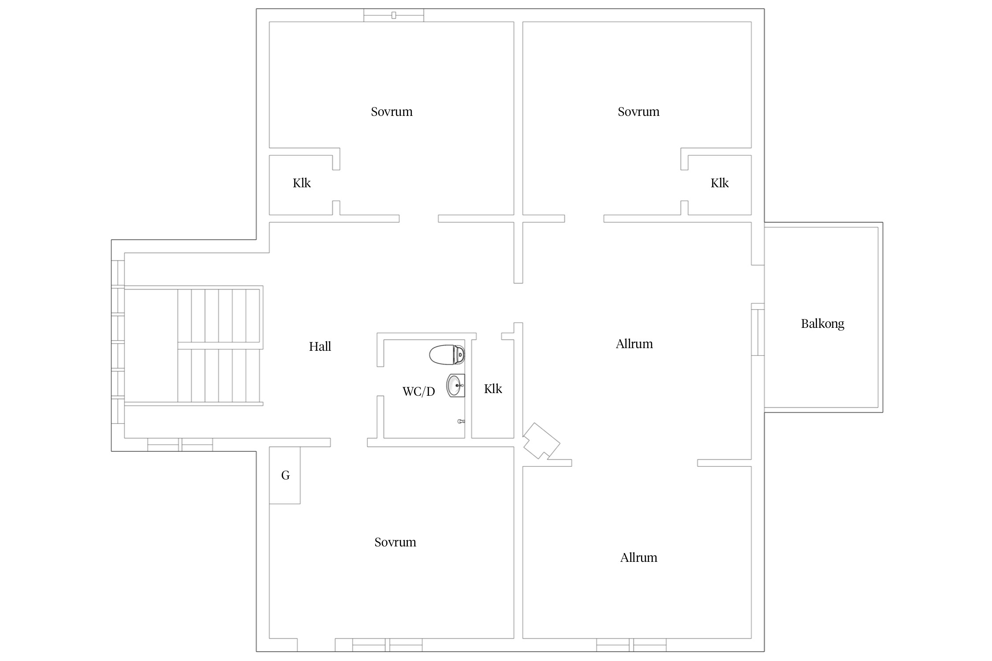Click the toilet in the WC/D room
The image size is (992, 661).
click(447, 355)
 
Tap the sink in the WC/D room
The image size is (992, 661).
click(456, 386)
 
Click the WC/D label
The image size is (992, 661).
click(418, 391)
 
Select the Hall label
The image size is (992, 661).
click(320, 346)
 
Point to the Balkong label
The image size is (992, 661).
click(822, 324)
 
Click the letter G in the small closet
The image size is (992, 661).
click(285, 475)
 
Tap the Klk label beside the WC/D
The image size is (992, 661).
click(493, 389)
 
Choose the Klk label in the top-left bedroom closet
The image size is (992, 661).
click(302, 183)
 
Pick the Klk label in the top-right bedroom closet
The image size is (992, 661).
click(720, 183)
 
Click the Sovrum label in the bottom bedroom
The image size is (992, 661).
click(395, 542)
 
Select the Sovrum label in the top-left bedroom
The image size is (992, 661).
click(392, 111)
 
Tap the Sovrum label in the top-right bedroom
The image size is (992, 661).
click(638, 111)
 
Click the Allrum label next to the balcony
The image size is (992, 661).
click(634, 344)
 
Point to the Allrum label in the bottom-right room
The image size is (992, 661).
click(638, 557)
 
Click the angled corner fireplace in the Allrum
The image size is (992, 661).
click(541, 441)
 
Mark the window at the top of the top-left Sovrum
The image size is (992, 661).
click(394, 15)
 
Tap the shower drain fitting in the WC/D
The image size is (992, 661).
click(461, 421)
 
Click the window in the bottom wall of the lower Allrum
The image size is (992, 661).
click(631, 645)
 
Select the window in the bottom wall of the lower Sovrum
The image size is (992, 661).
click(387, 645)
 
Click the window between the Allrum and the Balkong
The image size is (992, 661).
click(757, 329)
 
